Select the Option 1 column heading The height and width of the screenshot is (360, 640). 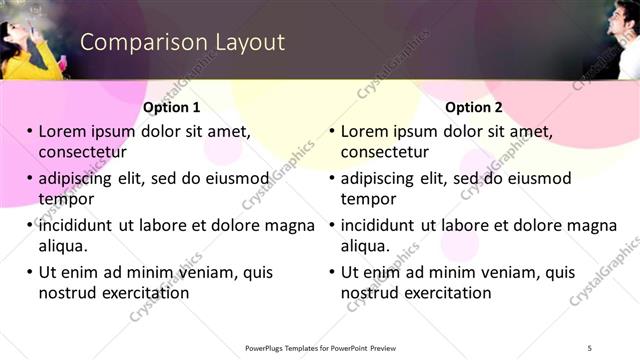171,107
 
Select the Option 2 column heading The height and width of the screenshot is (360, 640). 474,107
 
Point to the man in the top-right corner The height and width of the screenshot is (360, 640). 620,40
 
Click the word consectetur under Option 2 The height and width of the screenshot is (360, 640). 385,153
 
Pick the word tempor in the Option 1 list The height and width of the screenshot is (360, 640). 64,199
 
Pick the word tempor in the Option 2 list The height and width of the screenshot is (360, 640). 367,199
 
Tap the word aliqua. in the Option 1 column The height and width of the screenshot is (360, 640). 64,246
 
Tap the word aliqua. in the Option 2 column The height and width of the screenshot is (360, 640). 367,246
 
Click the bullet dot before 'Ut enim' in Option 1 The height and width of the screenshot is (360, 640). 30,273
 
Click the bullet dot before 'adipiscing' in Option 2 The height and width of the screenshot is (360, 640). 333,179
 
